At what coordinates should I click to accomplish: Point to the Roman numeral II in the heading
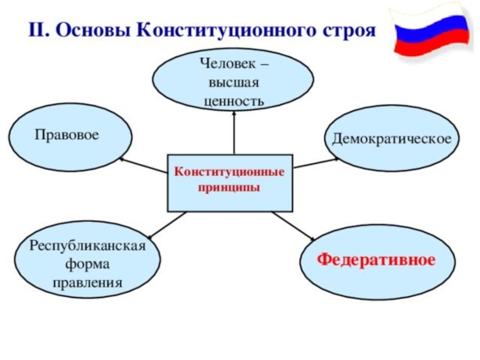tap(38, 31)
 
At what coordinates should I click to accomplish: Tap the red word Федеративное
tap(376, 260)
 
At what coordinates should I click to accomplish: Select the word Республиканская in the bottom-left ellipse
tap(88, 247)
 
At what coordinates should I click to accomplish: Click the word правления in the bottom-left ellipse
tap(88, 282)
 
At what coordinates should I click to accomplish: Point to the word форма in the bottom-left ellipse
tap(88, 265)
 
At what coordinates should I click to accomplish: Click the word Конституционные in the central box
tap(229, 172)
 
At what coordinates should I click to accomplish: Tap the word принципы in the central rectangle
tap(229, 187)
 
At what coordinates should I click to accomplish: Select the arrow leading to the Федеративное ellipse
tap(294, 226)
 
